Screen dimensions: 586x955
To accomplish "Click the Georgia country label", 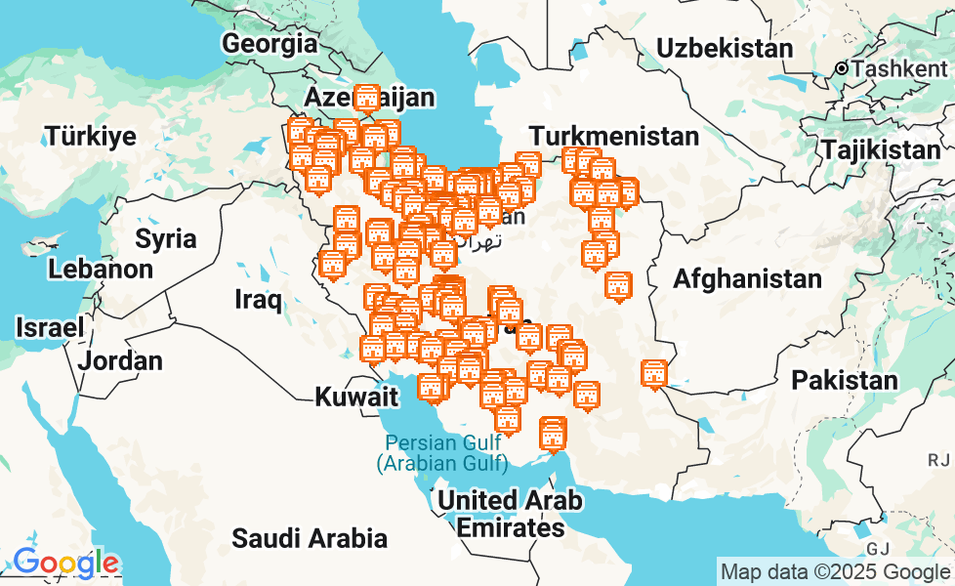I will click(270, 43).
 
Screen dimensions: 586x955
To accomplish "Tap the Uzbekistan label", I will click(724, 48).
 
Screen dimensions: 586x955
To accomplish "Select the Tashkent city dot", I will click(842, 68).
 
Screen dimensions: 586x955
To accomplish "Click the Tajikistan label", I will click(880, 149).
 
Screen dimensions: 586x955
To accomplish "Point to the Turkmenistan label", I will click(614, 136).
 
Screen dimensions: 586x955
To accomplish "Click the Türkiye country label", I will click(91, 136).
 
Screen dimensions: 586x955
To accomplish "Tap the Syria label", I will click(165, 238).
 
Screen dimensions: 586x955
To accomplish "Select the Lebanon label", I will click(102, 269).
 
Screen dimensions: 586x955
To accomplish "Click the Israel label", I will click(49, 328).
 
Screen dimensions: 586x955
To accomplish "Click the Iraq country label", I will click(259, 299).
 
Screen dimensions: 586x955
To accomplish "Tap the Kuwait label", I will click(356, 397).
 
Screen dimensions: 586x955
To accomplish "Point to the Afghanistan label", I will click(747, 279).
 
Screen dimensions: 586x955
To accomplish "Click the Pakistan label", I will click(845, 380).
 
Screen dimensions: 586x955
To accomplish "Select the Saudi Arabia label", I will click(309, 537).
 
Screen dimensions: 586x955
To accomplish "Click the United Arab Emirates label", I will click(510, 515).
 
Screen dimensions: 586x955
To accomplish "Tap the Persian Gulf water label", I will click(442, 452).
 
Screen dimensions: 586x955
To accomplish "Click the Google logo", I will click(65, 564).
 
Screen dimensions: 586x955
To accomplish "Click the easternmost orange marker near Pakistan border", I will click(654, 373).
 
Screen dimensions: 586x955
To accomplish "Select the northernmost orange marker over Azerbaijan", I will click(366, 99).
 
